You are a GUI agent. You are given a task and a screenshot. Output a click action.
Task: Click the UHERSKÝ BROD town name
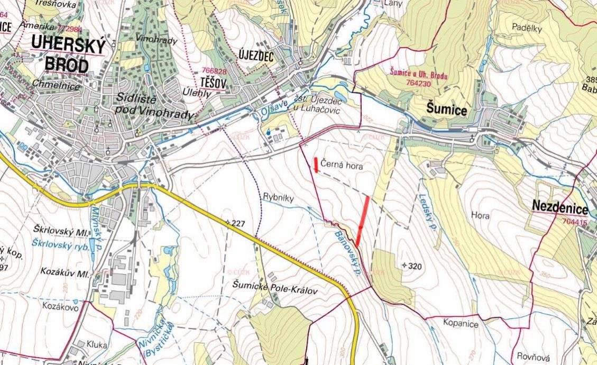(67, 53)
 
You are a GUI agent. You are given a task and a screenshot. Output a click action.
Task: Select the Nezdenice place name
(560, 207)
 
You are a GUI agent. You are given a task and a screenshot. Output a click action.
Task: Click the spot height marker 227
(236, 224)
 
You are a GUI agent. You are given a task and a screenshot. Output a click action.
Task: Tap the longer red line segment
(363, 221)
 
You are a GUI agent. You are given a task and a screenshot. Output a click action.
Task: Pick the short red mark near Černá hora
(316, 165)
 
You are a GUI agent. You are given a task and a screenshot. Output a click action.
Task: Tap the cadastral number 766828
(214, 71)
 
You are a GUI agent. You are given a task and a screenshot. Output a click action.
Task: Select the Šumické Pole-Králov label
(275, 284)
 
